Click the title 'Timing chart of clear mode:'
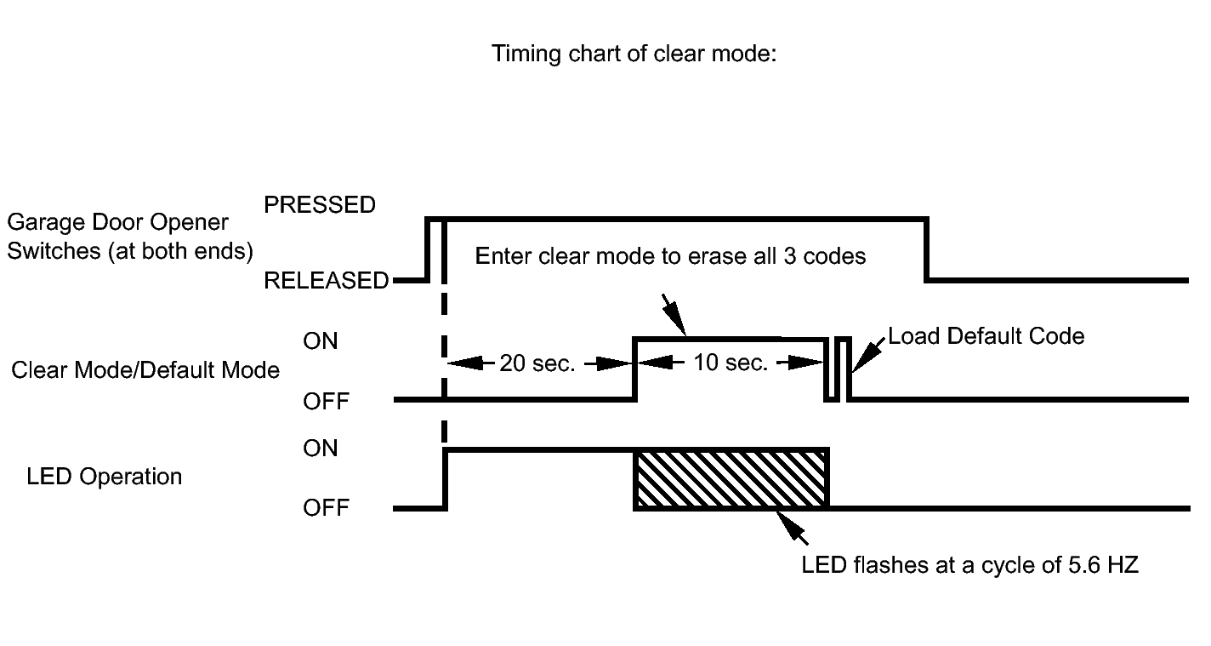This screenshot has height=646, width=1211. coord(634,54)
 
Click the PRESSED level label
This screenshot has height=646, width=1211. coord(320,205)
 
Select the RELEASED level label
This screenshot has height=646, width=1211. coord(326,280)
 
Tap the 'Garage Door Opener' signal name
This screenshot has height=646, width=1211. coord(117,223)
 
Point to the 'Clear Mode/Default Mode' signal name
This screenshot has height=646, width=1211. coord(145,370)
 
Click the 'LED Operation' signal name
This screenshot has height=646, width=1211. coord(105,477)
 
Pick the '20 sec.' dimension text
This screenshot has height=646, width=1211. coord(537,363)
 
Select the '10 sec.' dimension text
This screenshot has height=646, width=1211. coord(731,363)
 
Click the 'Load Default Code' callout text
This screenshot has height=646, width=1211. coord(986,336)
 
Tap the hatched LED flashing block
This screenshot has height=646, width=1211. coord(731,479)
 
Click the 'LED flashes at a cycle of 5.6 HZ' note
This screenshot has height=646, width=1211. coord(969,565)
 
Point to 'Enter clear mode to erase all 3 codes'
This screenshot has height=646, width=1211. coord(670,256)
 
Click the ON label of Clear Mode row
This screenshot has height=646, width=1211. coord(320,341)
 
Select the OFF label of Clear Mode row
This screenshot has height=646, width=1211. coord(326,402)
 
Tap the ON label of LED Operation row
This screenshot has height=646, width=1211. coord(320,449)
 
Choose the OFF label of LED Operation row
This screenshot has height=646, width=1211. coord(326,508)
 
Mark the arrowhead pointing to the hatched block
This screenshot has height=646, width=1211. coord(787,523)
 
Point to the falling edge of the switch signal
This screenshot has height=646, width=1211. coord(927,250)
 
